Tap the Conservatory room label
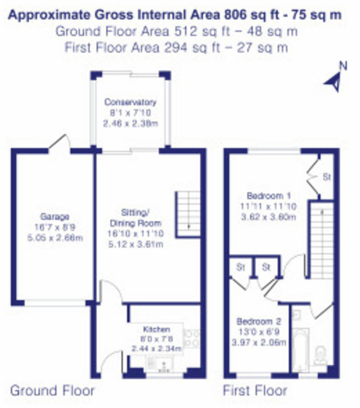(x=130, y=102)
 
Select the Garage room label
(x=54, y=217)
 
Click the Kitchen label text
(x=156, y=329)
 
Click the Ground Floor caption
(x=52, y=391)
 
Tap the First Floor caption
(x=255, y=391)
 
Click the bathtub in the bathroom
(x=301, y=350)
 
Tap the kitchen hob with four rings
(x=191, y=338)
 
